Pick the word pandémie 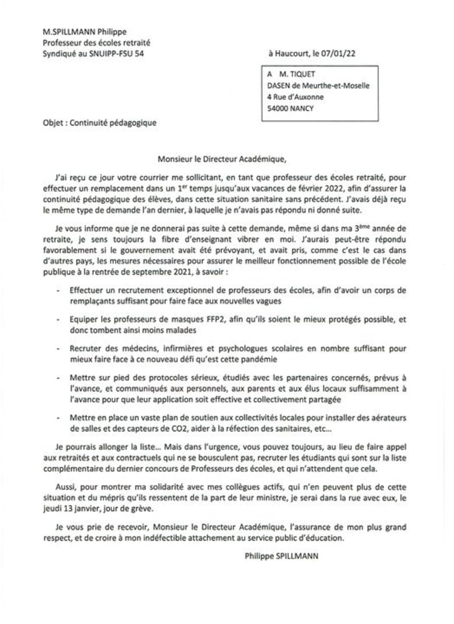(257, 359)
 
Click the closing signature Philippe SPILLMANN (281, 556)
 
